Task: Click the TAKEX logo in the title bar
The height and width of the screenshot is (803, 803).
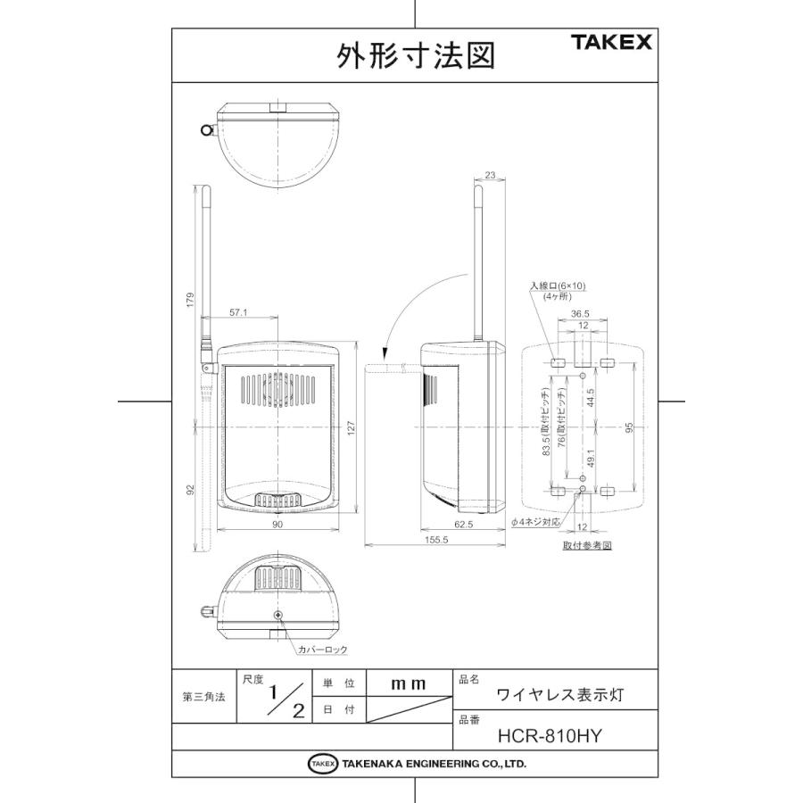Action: click(x=612, y=42)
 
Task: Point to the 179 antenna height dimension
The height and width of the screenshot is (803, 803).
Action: click(x=189, y=301)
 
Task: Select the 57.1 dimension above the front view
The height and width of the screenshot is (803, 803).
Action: click(x=238, y=313)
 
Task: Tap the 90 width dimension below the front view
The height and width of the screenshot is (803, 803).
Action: click(x=277, y=526)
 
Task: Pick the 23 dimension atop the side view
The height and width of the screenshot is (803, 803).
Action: click(x=490, y=176)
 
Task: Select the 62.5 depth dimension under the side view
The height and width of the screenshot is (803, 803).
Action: click(x=463, y=526)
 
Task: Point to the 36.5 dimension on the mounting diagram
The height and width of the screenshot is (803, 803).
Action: click(x=580, y=313)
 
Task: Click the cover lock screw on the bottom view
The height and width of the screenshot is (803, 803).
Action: click(x=279, y=616)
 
